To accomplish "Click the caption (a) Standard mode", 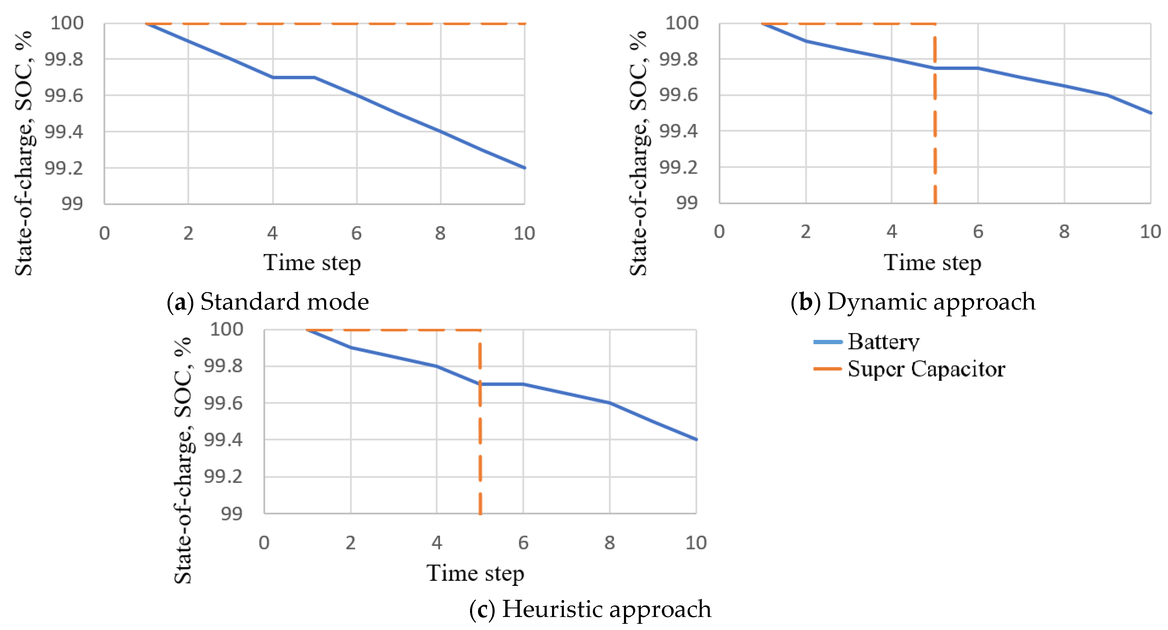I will coord(268,302).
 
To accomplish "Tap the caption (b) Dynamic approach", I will coord(913,302).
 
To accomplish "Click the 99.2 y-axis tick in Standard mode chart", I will coord(64,168).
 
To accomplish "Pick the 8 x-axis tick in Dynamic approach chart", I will coord(1064,232).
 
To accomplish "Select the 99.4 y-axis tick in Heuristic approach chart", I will coord(223,440).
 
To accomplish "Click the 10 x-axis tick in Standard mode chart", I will coord(524,233).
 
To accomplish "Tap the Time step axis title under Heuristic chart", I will coord(475,573).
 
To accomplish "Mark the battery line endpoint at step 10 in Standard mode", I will coord(524,168).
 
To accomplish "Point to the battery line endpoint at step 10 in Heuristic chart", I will coord(696,439).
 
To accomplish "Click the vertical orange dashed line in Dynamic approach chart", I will coord(935,136).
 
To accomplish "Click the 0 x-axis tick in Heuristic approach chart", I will coord(264,543).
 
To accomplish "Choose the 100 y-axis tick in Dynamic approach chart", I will coord(681,23).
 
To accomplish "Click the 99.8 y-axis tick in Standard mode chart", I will coord(64,59).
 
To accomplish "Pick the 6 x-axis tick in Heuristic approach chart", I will coord(523,543).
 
